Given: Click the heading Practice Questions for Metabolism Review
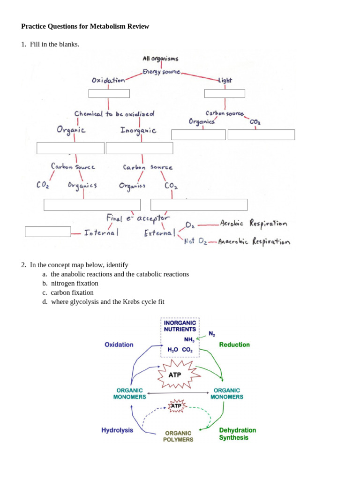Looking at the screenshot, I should pyautogui.click(x=85, y=26).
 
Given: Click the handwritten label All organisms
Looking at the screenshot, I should pyautogui.click(x=160, y=59).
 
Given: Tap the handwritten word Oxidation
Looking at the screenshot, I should pyautogui.click(x=108, y=80).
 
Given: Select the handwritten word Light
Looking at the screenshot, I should pyautogui.click(x=225, y=81).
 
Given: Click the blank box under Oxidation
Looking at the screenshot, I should pyautogui.click(x=109, y=93).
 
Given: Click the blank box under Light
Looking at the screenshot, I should pyautogui.click(x=225, y=93).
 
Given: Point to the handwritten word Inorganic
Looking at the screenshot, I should pyautogui.click(x=138, y=130).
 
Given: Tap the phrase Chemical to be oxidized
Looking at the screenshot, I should pyautogui.click(x=114, y=114).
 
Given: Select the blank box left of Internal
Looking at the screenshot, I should pyautogui.click(x=48, y=232).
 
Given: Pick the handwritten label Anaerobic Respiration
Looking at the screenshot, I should pyautogui.click(x=254, y=242).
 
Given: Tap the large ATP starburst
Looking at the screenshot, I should pyautogui.click(x=174, y=375).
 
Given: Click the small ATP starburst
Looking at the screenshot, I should pyautogui.click(x=176, y=405).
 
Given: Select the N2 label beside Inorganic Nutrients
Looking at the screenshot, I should pyautogui.click(x=212, y=334).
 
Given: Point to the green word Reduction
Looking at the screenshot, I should pyautogui.click(x=234, y=345).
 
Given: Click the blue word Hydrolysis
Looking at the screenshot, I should pyautogui.click(x=117, y=430).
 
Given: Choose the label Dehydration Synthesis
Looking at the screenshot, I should pyautogui.click(x=237, y=434).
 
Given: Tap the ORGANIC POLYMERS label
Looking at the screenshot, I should pyautogui.click(x=178, y=436).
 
